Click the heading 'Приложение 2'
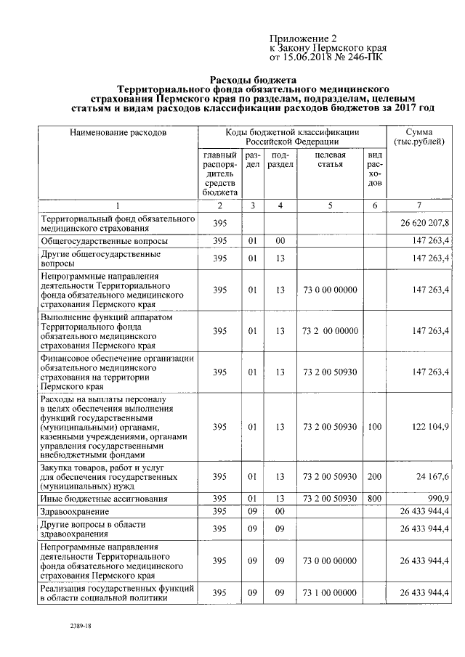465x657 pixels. pyautogui.click(x=303, y=38)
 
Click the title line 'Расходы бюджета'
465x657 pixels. pyautogui.click(x=253, y=80)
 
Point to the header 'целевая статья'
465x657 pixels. pyautogui.click(x=330, y=160)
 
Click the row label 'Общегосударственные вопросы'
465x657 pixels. pyautogui.click(x=105, y=241)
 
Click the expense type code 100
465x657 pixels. pyautogui.click(x=374, y=427)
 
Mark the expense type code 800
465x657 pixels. pyautogui.click(x=374, y=499)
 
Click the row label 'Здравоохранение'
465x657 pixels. pyautogui.click(x=75, y=512)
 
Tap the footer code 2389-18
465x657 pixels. pyautogui.click(x=80, y=625)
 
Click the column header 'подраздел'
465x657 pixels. pyautogui.click(x=280, y=160)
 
